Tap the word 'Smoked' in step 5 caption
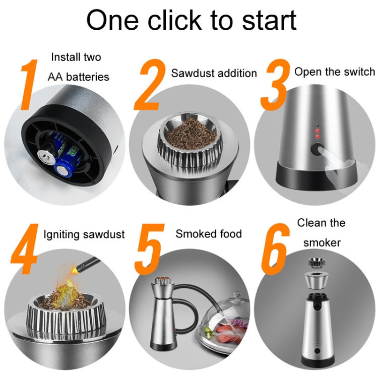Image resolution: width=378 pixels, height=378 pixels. click(x=195, y=233)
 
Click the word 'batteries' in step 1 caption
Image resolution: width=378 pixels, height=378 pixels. click(x=89, y=77)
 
